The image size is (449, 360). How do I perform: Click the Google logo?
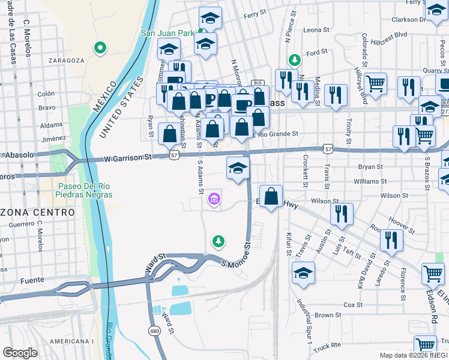point(20,353)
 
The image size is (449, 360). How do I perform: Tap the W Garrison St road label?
point(128,158)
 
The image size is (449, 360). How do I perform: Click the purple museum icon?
point(214,199)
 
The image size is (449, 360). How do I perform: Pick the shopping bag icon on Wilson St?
point(271,196)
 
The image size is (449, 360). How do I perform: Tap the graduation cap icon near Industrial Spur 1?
point(304,272)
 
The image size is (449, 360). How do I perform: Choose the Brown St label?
point(328,315)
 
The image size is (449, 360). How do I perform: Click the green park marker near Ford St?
point(294,60)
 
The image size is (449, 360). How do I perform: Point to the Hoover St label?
point(400,224)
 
